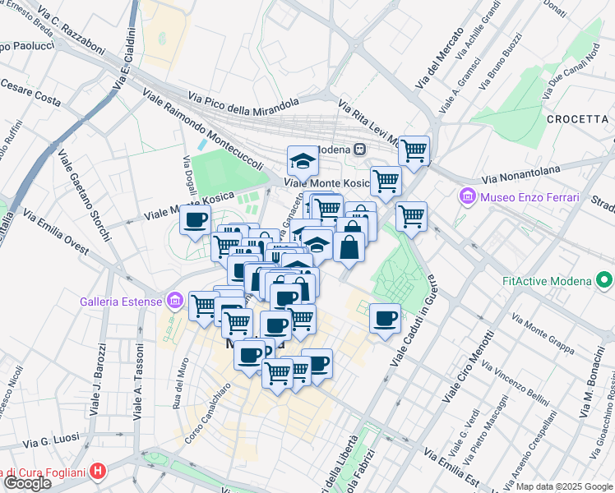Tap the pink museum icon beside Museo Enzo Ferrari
click(468, 197)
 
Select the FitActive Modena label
click(548, 282)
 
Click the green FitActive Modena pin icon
click(604, 282)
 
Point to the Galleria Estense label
click(122, 301)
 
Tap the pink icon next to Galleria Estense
click(173, 301)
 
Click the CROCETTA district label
click(576, 119)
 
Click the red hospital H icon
click(99, 471)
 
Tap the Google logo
click(27, 483)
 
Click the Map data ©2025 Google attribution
click(565, 486)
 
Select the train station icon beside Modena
click(359, 150)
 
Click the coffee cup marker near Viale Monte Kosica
click(196, 220)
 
